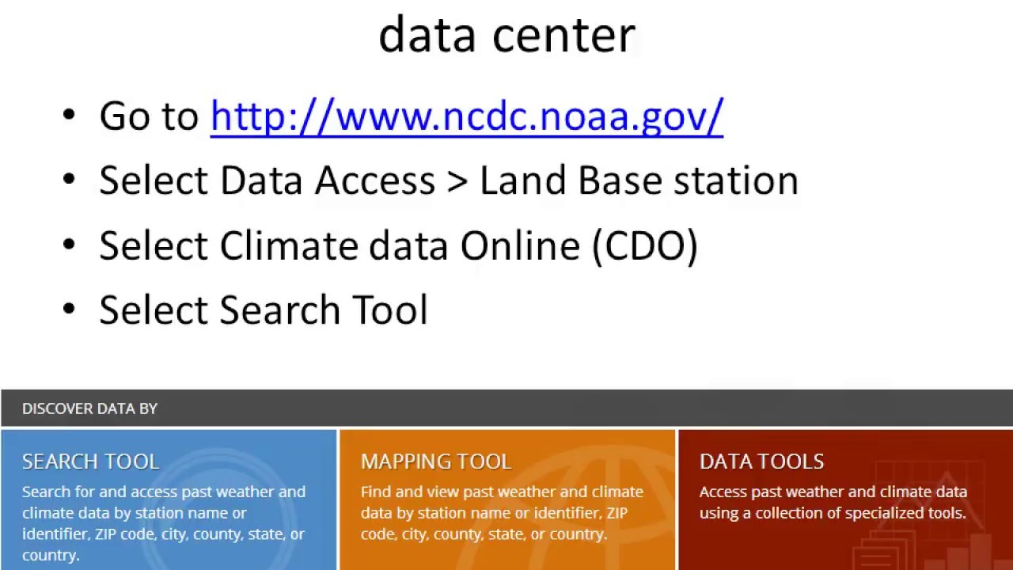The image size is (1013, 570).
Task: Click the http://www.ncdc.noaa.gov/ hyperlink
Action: tap(467, 116)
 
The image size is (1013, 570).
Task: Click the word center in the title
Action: tap(563, 35)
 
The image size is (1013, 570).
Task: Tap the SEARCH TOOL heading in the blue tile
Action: tap(91, 462)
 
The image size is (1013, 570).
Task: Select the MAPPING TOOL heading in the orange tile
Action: tap(436, 462)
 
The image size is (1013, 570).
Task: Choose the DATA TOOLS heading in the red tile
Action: tap(761, 462)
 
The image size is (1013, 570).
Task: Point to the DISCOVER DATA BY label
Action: tap(89, 408)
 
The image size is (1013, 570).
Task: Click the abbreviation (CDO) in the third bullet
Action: tap(644, 245)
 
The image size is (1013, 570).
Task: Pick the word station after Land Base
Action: tap(735, 180)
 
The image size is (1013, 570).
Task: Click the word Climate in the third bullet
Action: tap(288, 245)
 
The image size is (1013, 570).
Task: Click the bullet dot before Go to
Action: tap(69, 116)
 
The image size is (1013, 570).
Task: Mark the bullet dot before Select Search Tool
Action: tap(69, 310)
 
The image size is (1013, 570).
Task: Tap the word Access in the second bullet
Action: tap(375, 180)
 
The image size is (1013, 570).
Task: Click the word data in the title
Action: tap(427, 35)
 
